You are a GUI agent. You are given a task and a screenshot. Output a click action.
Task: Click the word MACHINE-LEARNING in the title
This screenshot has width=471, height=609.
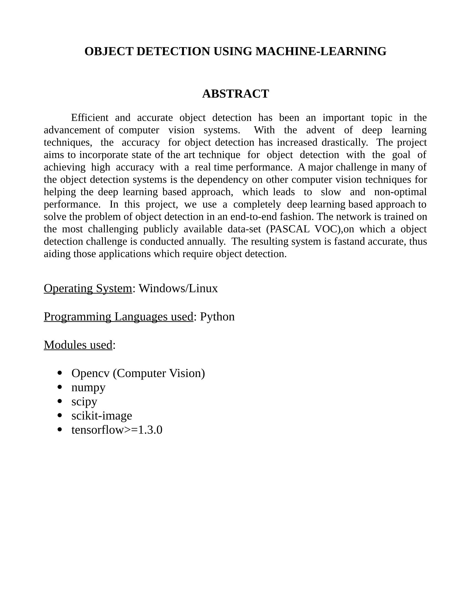pos(321,51)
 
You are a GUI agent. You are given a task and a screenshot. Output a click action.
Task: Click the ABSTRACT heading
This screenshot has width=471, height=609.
pos(235,94)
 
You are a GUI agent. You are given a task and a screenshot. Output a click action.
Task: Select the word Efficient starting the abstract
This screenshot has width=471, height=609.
pos(89,118)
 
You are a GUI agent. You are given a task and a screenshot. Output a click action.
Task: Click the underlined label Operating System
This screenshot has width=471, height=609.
pos(88,288)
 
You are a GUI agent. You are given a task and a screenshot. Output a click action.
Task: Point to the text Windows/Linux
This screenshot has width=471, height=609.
pos(178,288)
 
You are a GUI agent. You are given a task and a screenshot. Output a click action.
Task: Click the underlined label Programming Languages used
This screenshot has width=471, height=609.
pos(118,317)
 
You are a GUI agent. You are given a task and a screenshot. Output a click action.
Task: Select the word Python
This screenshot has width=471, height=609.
pos(217,317)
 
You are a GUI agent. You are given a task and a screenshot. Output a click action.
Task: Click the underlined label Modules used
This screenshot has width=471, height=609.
pos(78,345)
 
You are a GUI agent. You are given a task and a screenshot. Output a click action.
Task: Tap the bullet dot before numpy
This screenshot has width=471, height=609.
pos(60,387)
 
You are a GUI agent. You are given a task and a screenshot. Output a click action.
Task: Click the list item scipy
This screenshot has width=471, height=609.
pos(84,402)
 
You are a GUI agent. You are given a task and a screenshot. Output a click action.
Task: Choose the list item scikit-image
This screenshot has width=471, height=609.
pos(102,416)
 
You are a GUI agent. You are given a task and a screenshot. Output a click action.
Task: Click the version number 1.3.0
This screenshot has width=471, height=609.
pos(150,430)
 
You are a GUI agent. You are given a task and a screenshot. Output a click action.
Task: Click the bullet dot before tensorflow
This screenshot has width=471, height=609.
pos(60,430)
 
